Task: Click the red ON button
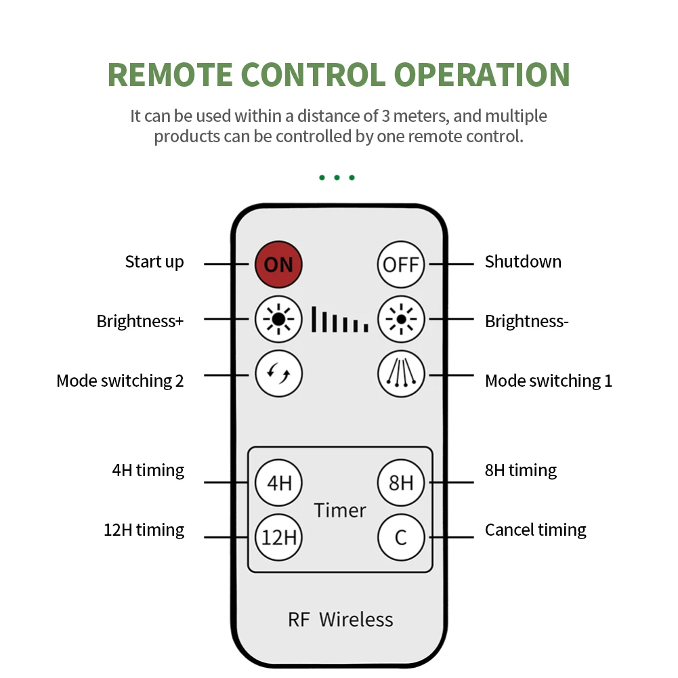click(x=278, y=264)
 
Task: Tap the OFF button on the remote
click(x=401, y=264)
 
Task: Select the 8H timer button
click(x=401, y=483)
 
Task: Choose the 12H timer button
click(x=278, y=538)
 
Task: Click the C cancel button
click(x=401, y=538)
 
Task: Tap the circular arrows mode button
click(x=278, y=373)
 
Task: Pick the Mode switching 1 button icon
click(x=401, y=373)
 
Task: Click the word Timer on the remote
click(x=340, y=510)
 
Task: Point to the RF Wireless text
click(x=340, y=619)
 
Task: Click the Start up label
click(x=154, y=262)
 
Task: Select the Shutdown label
click(x=523, y=262)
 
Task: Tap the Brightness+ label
click(x=140, y=321)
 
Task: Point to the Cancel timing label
click(x=535, y=530)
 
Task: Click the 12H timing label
click(x=144, y=530)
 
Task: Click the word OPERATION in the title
click(x=482, y=75)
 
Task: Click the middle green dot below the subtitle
click(x=337, y=178)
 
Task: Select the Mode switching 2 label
click(x=120, y=381)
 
